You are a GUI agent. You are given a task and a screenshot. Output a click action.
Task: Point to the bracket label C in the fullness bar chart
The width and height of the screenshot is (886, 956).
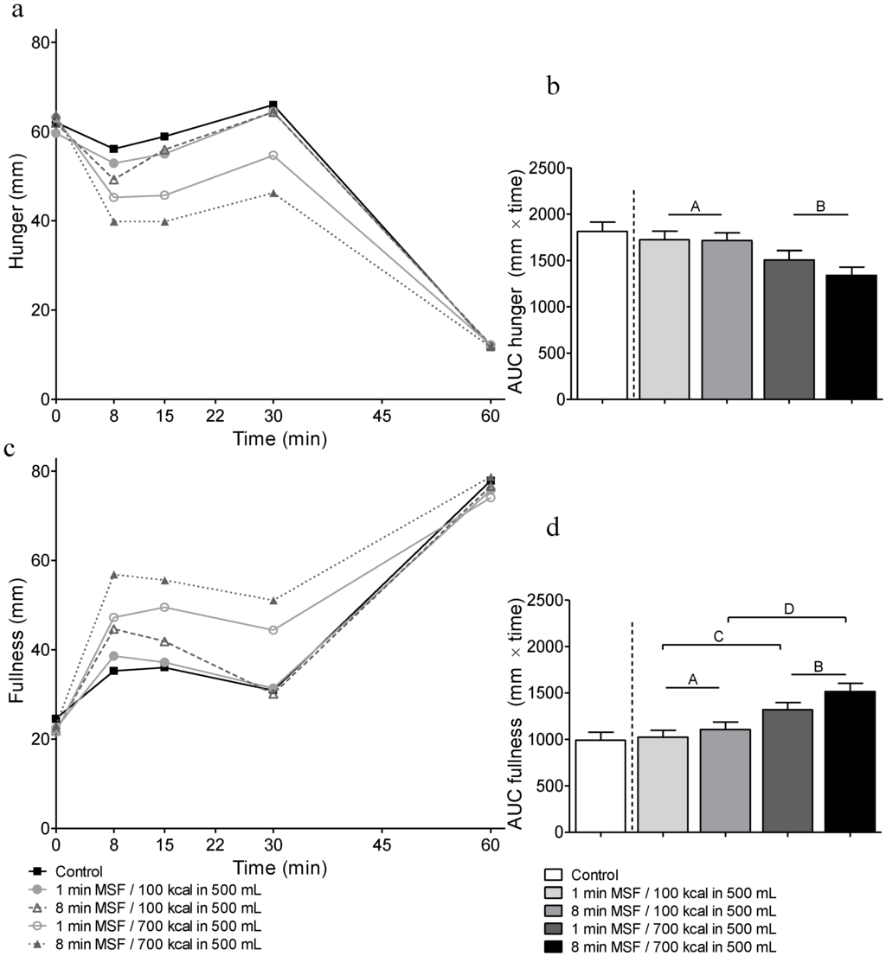tap(719, 636)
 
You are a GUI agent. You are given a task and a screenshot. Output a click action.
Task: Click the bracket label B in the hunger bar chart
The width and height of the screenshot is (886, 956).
tap(820, 206)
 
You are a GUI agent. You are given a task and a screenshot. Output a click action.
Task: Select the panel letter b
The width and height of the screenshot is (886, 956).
tap(555, 86)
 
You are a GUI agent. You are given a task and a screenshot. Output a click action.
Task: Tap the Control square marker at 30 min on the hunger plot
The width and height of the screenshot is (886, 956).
tap(273, 105)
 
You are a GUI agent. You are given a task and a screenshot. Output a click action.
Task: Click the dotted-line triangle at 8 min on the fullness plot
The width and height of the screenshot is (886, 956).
tap(114, 574)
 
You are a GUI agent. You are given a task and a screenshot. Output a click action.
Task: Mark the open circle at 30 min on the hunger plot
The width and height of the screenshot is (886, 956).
tap(273, 156)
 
